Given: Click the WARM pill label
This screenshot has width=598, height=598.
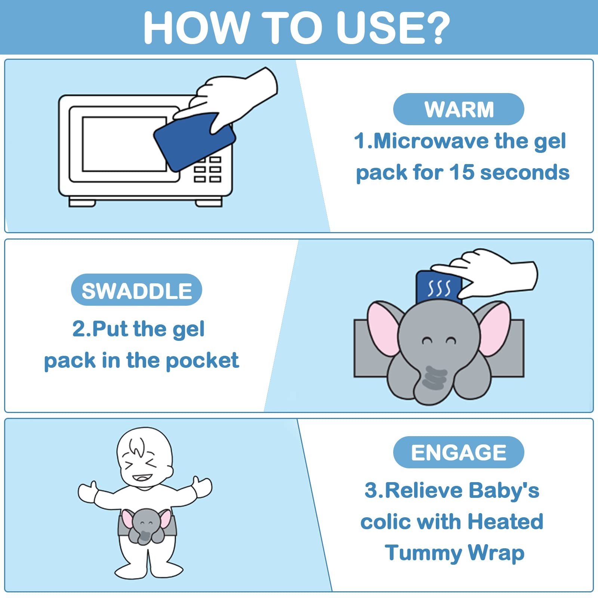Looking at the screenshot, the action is pos(459,109).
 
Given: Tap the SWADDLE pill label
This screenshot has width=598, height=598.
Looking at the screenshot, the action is pos(136,290).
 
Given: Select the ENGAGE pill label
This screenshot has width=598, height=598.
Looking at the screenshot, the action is pos(459,452).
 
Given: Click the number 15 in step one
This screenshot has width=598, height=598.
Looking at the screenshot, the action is pos(462,172).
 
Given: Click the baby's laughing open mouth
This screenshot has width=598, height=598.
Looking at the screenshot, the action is pos(143,478).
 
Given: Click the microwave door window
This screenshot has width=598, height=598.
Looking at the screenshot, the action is pos(124,144).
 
